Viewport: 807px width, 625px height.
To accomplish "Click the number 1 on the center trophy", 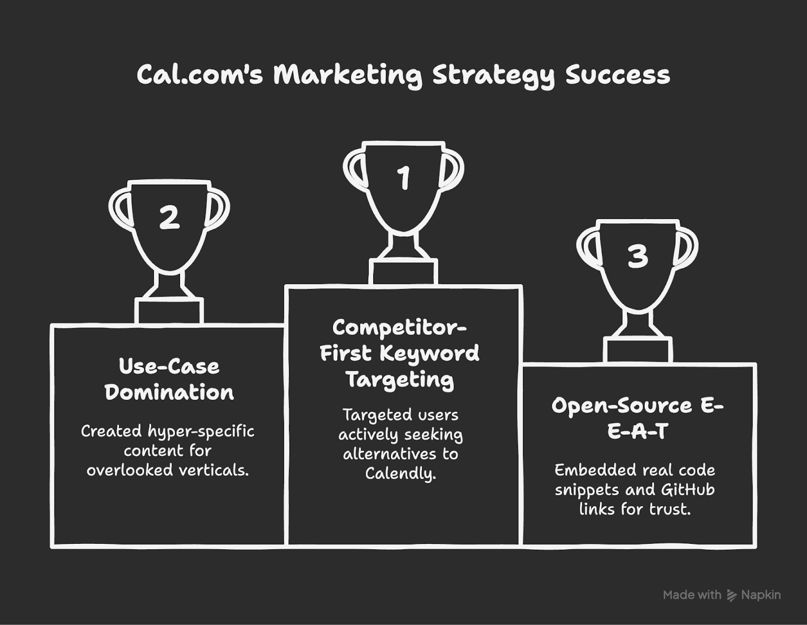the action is pos(403,178).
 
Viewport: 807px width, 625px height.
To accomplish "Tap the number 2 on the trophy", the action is pos(169,217).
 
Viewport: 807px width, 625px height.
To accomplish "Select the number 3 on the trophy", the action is pos(638,256).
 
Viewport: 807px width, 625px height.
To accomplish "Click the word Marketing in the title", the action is pos(348,75).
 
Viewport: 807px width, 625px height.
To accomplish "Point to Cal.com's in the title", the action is pos(200,74).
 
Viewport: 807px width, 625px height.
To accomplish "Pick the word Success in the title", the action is pos(617,75).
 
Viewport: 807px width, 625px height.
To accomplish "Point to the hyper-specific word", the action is pos(201,432).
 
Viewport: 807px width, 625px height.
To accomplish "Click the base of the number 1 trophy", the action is pos(403,272).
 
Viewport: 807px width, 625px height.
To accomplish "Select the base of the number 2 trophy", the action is pos(169,311).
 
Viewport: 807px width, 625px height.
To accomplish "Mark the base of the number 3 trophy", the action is pos(638,350).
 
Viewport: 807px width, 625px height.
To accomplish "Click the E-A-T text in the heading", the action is pos(638,431).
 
